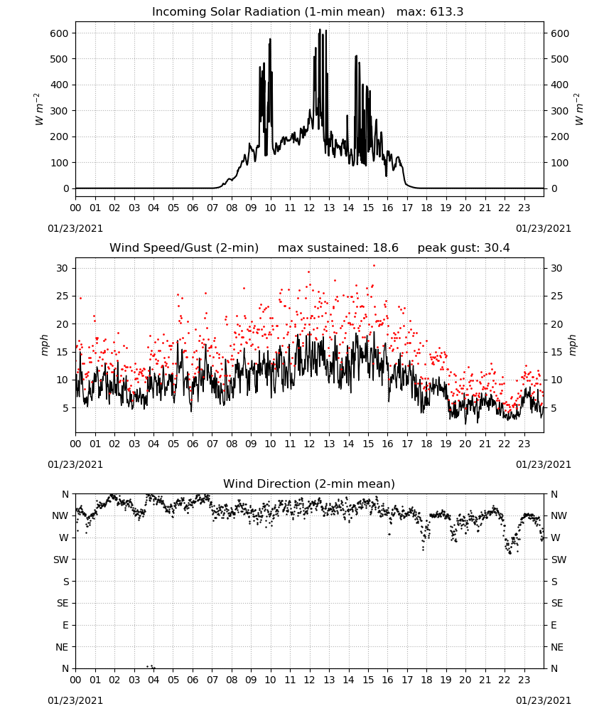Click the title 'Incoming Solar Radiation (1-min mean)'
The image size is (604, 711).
(268, 12)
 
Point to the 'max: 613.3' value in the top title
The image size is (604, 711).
(430, 12)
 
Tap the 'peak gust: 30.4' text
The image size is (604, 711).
(463, 248)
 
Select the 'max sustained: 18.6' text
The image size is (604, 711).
(338, 248)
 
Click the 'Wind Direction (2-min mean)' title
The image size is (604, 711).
(309, 483)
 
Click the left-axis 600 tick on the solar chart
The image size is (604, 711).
(60, 33)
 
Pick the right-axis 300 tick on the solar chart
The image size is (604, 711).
(560, 111)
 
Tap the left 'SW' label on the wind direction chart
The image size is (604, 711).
(60, 560)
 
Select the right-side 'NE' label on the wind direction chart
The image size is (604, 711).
(557, 647)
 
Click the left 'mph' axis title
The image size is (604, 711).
(44, 345)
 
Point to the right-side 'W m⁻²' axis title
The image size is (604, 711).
(579, 109)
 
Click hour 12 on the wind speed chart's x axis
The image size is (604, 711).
(310, 444)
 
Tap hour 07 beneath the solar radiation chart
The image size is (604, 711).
(212, 208)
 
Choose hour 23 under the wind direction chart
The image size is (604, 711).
(524, 680)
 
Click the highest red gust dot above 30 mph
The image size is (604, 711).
(374, 266)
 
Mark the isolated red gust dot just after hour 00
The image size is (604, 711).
(81, 298)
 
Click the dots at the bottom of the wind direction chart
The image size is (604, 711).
(151, 667)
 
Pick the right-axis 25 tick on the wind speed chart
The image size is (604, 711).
(556, 296)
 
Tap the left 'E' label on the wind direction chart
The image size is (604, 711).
(65, 625)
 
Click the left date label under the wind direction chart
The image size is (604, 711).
(75, 700)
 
